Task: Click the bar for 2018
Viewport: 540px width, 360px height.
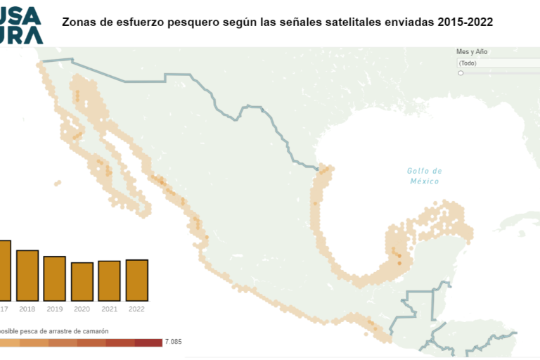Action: click(x=27, y=276)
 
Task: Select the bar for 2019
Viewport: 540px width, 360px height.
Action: click(x=54, y=278)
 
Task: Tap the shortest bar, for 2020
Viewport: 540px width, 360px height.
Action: click(x=82, y=281)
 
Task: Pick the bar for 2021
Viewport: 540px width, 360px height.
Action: click(x=109, y=281)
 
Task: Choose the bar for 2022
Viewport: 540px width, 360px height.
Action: click(x=136, y=280)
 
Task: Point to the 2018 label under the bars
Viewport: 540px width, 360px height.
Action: click(x=27, y=309)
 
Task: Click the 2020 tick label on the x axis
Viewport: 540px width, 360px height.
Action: click(x=82, y=309)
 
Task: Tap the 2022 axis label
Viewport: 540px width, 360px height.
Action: click(x=136, y=309)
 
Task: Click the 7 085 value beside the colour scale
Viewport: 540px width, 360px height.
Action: click(x=173, y=342)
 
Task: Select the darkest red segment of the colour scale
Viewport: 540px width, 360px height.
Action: click(x=148, y=342)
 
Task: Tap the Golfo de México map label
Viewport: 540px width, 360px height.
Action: click(x=425, y=176)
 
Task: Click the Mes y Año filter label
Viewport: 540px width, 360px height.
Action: click(x=472, y=51)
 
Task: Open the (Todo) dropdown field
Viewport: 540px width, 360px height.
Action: click(x=496, y=63)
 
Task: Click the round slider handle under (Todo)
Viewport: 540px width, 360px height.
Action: click(x=461, y=72)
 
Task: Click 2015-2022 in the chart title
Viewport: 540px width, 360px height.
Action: click(x=464, y=22)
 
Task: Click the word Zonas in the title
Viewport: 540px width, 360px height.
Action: click(x=79, y=22)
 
